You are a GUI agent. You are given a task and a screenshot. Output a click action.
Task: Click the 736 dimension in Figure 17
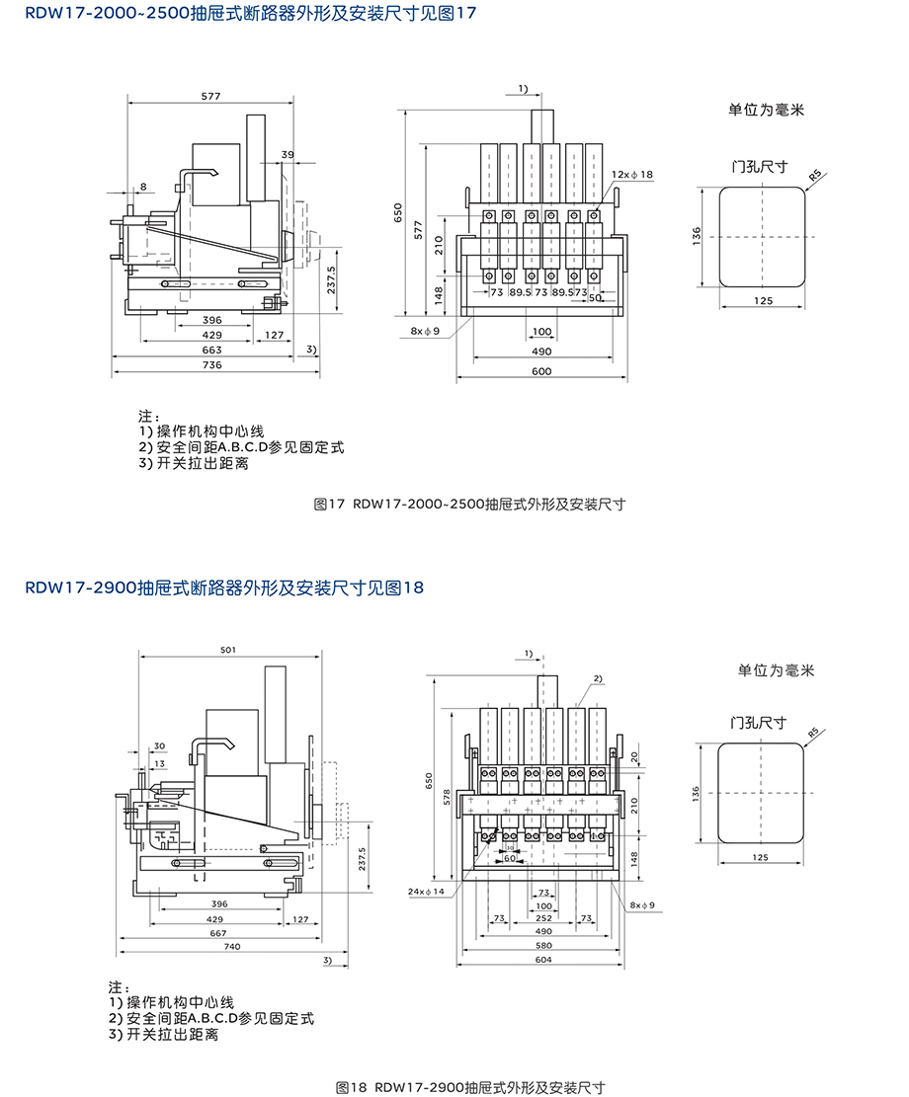[x=211, y=364]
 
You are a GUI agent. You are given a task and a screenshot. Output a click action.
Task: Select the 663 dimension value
[x=211, y=350]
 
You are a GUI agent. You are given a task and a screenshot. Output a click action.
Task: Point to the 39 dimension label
[x=288, y=155]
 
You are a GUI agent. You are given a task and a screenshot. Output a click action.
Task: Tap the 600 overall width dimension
[x=541, y=371]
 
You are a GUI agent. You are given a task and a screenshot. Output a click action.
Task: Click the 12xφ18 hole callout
[x=632, y=175]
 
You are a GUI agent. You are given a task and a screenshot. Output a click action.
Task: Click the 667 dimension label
[x=218, y=932]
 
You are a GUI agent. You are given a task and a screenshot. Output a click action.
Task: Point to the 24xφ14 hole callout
[x=427, y=891]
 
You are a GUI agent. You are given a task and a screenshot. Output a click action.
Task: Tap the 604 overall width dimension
[x=542, y=959]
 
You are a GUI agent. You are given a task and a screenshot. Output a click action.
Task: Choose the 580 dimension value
[x=542, y=945]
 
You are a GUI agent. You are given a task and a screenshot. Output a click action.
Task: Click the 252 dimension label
[x=542, y=918]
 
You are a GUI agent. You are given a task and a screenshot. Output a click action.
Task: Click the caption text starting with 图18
[x=469, y=1087]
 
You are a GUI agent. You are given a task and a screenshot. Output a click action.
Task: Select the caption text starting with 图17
[x=469, y=504]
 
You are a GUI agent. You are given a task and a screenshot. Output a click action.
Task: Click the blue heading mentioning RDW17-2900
[x=224, y=588]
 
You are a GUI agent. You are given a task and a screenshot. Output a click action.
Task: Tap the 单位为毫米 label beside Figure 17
[x=767, y=110]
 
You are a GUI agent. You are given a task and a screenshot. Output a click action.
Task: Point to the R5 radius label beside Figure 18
[x=814, y=734]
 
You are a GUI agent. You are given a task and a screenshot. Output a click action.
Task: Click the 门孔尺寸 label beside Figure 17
[x=759, y=167]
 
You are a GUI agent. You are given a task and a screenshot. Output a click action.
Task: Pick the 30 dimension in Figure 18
[x=159, y=745]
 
